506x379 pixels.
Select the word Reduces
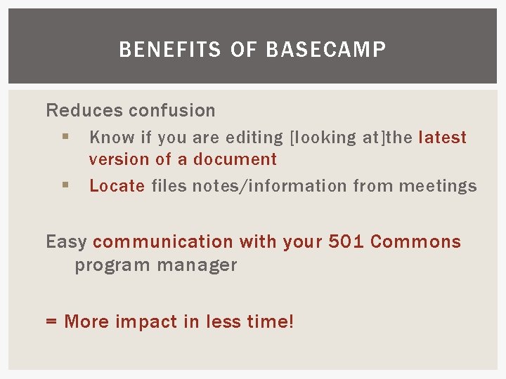point(74,110)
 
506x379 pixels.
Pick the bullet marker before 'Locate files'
point(64,185)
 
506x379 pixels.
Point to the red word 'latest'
point(442,138)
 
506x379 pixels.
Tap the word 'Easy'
point(66,242)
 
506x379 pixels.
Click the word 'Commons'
point(415,242)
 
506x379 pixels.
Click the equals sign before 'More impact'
point(51,322)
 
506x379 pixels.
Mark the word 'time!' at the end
point(271,322)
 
